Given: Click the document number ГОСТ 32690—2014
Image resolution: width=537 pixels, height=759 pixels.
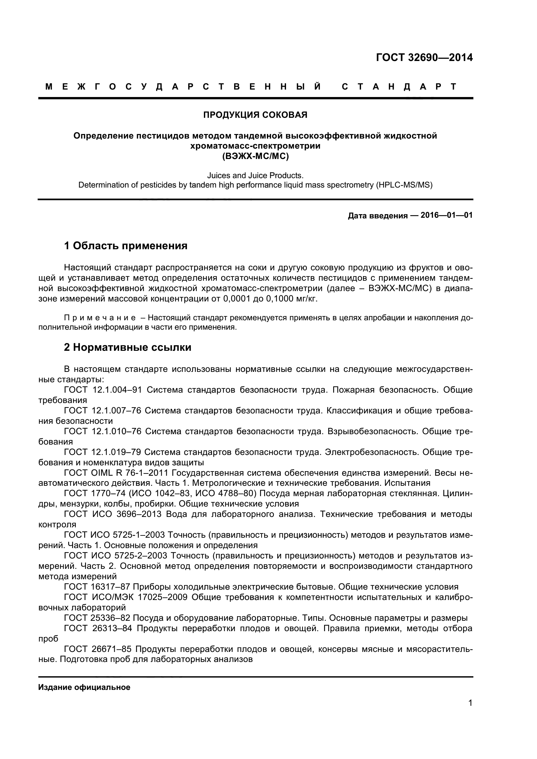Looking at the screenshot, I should (x=424, y=57).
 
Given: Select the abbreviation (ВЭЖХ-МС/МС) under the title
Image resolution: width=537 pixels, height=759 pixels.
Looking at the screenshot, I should (x=255, y=156).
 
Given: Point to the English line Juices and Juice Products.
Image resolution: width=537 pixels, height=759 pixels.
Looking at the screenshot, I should (x=255, y=175).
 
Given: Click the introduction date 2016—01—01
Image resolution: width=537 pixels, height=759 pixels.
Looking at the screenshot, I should (x=446, y=215).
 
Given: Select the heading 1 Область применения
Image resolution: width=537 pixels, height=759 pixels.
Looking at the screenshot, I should (x=126, y=246).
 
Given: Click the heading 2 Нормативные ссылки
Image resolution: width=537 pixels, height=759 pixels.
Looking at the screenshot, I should (x=128, y=348).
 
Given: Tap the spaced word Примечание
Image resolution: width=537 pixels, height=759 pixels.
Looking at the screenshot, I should (x=100, y=318).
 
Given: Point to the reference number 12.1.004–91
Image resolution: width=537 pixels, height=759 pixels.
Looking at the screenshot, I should (x=117, y=390).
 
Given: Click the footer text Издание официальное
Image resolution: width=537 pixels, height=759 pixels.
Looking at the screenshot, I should (x=84, y=688).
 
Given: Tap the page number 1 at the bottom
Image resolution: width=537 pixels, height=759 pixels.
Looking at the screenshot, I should (x=470, y=712).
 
